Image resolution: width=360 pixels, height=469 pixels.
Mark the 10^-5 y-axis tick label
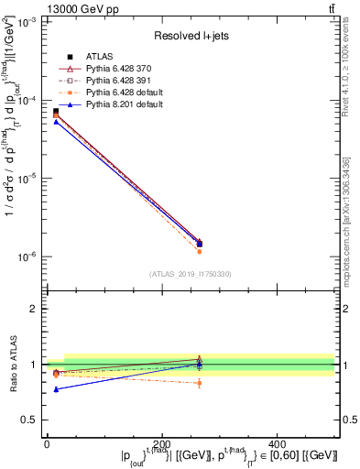(x=28, y=179)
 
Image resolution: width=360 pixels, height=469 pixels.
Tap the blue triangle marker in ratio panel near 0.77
(x=56, y=389)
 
